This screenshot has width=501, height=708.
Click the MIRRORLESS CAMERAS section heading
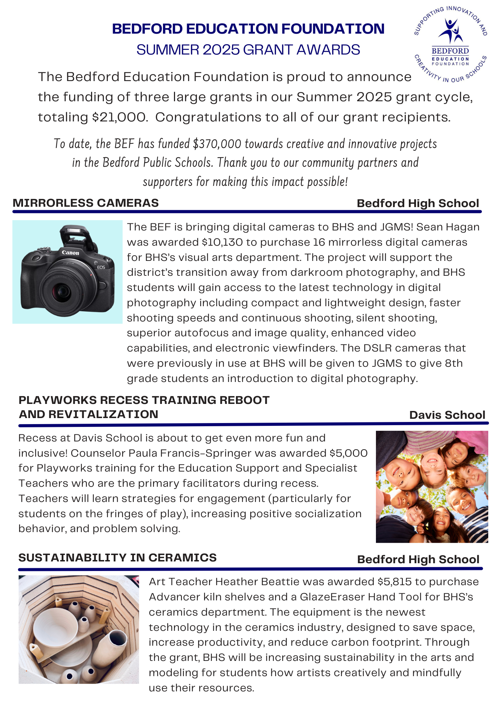[86, 203]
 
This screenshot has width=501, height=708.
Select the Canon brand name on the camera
[71, 252]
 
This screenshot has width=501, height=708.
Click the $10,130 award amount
[222, 242]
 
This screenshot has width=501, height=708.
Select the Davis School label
[447, 415]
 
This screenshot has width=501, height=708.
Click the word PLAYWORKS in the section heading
[57, 400]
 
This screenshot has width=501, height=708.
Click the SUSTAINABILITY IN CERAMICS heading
[117, 558]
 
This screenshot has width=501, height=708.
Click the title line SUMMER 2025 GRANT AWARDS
[248, 50]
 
